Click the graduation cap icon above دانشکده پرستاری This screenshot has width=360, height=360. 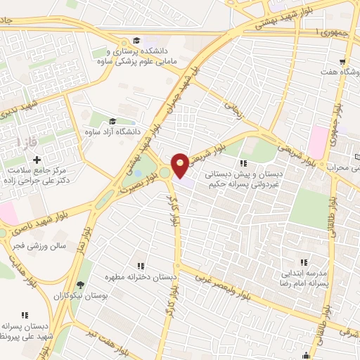(135, 40)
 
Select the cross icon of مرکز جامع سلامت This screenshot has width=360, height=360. (37, 160)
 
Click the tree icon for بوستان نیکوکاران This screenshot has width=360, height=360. (83, 286)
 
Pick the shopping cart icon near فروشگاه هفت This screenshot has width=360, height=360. (342, 61)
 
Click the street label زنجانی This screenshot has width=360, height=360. (233, 108)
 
